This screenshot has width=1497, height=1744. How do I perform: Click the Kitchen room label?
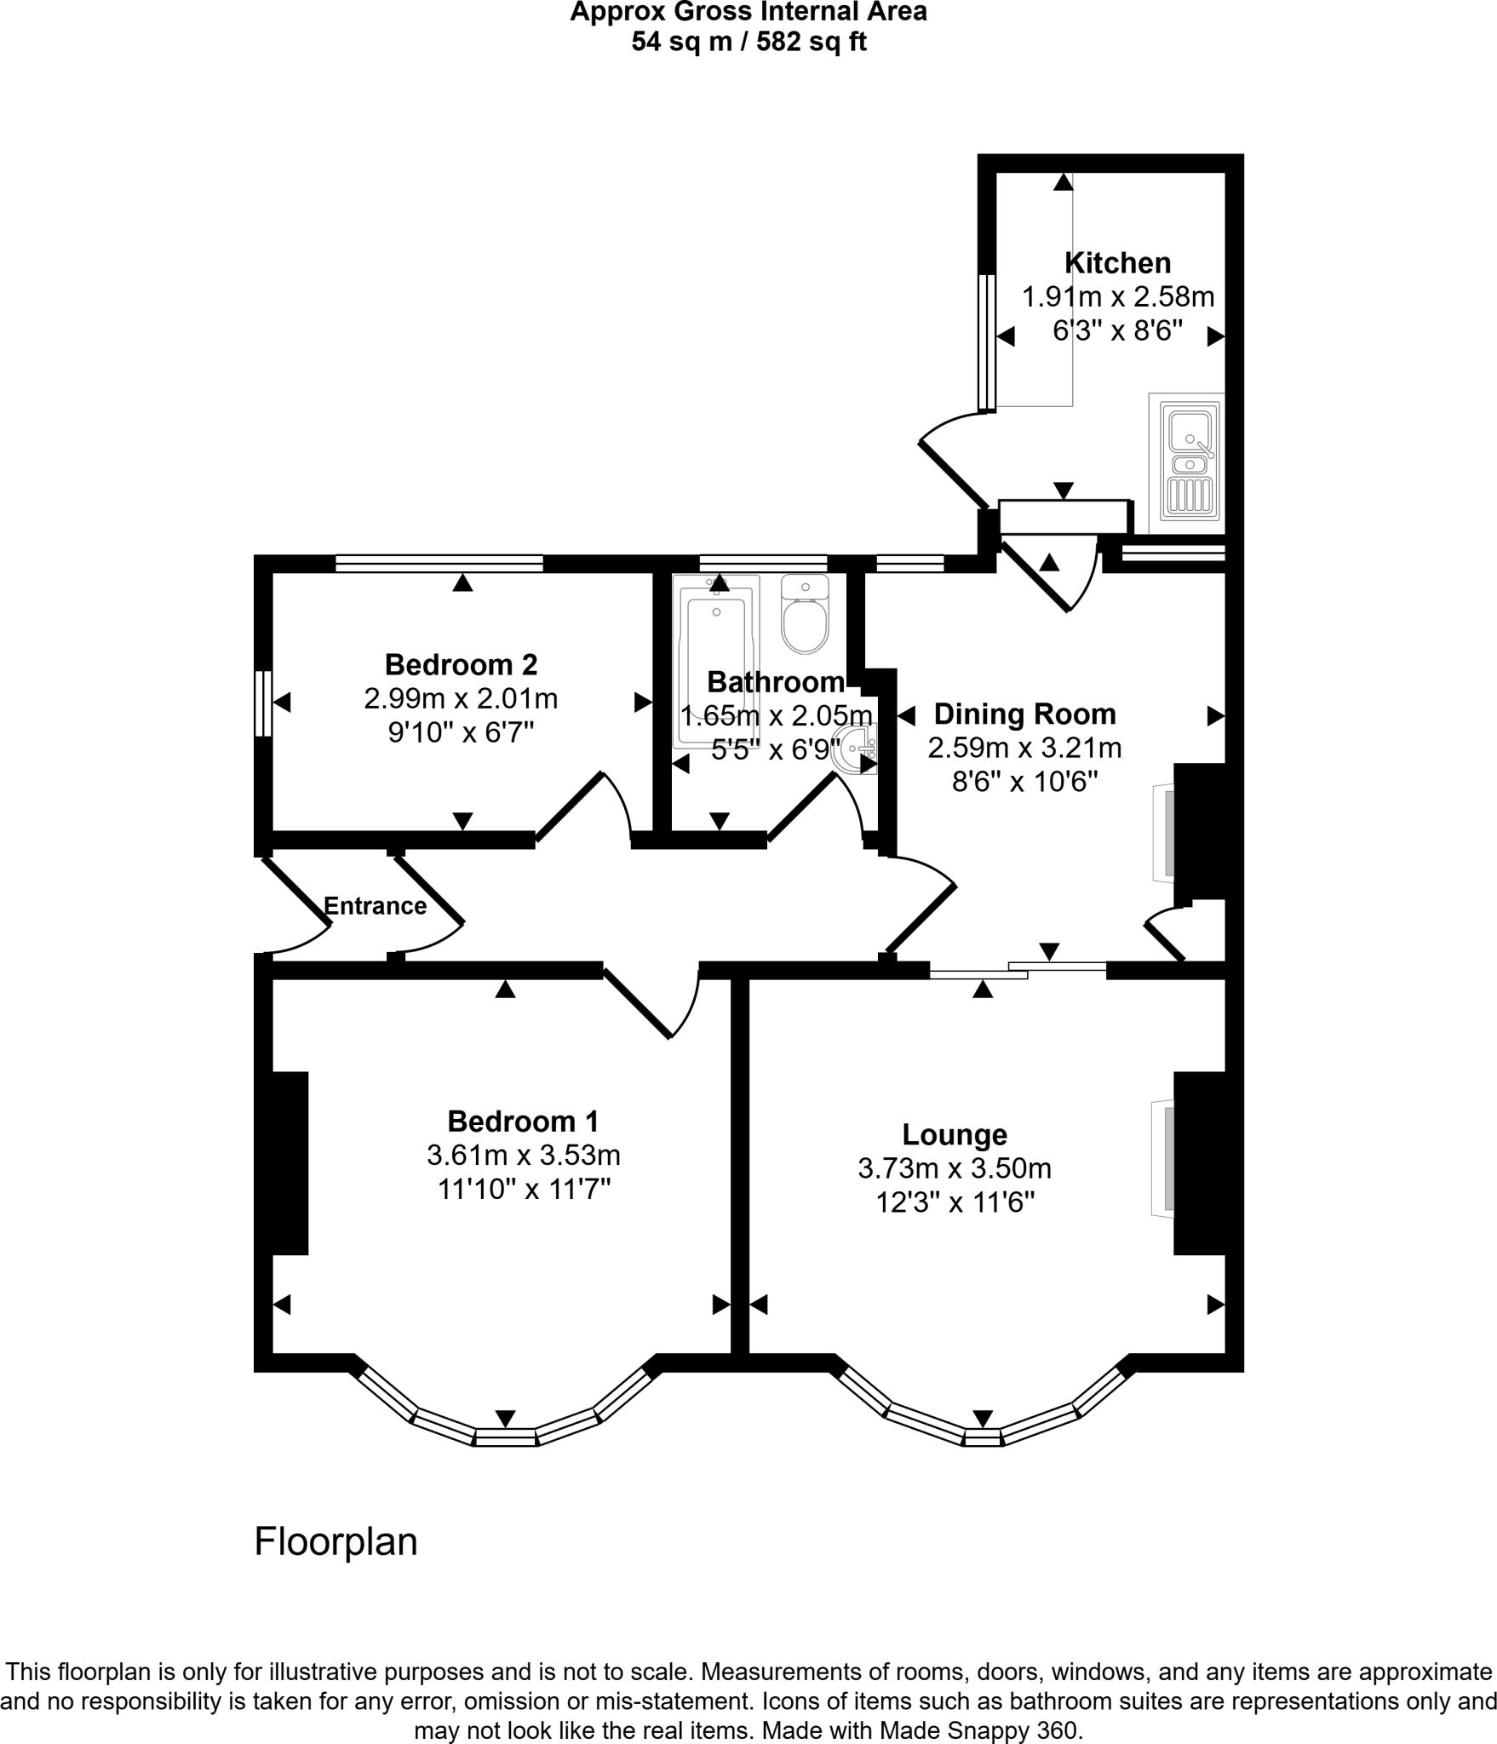coord(1117,262)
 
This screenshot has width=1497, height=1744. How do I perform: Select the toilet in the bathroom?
coord(805,615)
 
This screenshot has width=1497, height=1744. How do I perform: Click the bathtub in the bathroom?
coord(716,660)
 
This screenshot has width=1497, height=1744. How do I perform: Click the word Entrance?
coord(375,906)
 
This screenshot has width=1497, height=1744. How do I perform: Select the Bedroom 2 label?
coord(461,664)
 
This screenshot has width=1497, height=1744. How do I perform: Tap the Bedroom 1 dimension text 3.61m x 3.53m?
coord(523,1156)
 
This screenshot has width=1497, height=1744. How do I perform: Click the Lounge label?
coord(955,1134)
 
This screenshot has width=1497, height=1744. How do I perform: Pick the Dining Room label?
coord(1024,714)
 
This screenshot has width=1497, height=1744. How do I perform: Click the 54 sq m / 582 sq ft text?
coord(748,42)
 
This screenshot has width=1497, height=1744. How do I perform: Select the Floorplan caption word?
coord(336,1542)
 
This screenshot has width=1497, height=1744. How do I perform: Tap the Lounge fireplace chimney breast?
coord(1199,1162)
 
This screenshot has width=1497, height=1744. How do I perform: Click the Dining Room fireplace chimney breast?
coord(1199,832)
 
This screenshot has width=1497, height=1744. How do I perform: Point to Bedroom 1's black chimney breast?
coord(290,1162)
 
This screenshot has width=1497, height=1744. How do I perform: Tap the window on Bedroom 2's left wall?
coord(263,703)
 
